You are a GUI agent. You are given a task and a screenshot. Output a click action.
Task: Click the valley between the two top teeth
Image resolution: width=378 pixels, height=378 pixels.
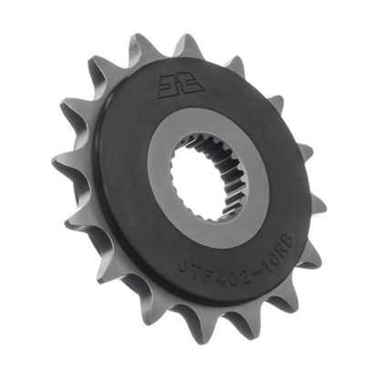pyautogui.click(x=168, y=52)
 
